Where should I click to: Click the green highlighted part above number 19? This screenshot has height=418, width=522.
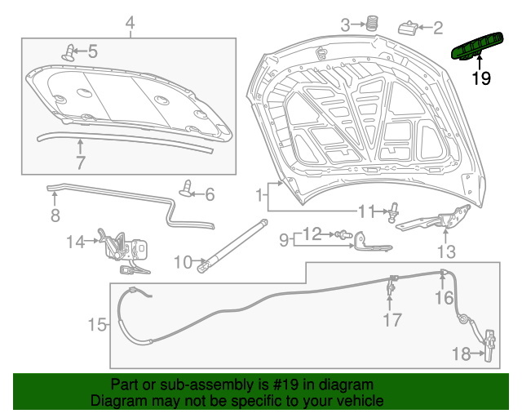[476, 47]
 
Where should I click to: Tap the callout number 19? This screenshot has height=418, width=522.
[481, 78]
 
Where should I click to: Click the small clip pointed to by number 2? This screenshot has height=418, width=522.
[408, 28]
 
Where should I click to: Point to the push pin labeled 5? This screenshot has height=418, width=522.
[69, 53]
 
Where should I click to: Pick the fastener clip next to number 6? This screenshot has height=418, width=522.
[187, 189]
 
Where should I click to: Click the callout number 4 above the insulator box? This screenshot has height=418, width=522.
[130, 23]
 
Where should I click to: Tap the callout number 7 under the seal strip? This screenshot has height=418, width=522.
[81, 162]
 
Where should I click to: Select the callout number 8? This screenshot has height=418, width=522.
[55, 215]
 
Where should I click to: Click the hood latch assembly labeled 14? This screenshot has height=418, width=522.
[125, 251]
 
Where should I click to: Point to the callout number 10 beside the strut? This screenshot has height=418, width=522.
[183, 262]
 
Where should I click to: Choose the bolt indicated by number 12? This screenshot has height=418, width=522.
[343, 234]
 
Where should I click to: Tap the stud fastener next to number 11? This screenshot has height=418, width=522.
[393, 212]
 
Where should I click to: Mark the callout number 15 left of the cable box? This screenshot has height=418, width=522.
[97, 324]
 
